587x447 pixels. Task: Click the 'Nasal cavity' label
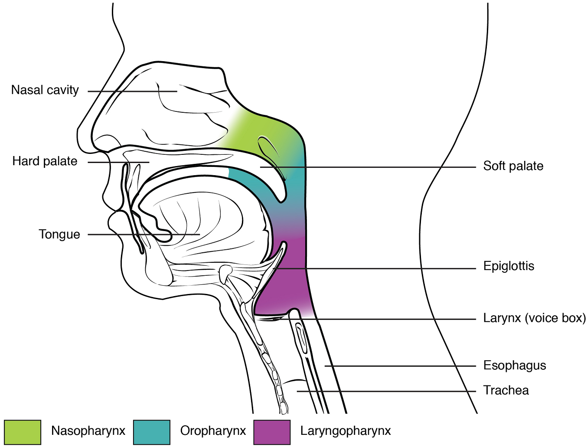tap(45, 90)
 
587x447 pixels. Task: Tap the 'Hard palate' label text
tap(45, 161)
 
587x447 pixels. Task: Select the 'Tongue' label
tap(59, 235)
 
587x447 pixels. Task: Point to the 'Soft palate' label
tap(513, 166)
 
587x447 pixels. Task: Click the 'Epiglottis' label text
tap(509, 266)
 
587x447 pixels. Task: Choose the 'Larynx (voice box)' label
tap(534, 318)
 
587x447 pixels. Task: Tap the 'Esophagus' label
tap(515, 365)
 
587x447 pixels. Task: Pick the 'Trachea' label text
tap(506, 391)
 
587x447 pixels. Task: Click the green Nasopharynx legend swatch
tap(23, 432)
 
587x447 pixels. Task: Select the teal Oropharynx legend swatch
tap(152, 432)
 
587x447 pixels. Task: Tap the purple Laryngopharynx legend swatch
tap(272, 432)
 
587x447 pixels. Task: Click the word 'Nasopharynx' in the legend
tap(88, 431)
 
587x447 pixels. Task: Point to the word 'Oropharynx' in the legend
tap(213, 431)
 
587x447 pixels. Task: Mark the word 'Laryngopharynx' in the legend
tap(346, 431)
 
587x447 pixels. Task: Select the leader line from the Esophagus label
tap(399, 366)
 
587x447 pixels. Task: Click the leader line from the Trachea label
tap(386, 391)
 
